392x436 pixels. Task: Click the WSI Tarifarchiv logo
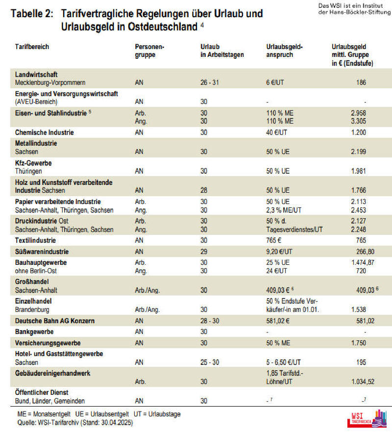(x=367, y=419)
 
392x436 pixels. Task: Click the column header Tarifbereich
(x=32, y=47)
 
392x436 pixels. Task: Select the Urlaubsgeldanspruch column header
(x=284, y=51)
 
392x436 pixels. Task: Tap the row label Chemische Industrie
(x=45, y=132)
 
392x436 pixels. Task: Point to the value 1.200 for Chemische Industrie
(x=358, y=132)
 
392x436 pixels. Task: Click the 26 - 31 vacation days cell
(x=209, y=82)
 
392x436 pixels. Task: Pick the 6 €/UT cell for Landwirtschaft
(x=275, y=82)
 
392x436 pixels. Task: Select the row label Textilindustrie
(x=35, y=240)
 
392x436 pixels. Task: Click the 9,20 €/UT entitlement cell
(x=279, y=252)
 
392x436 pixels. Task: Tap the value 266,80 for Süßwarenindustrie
(x=366, y=252)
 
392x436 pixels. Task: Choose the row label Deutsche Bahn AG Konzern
(x=55, y=321)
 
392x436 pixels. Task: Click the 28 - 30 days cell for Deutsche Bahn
(x=210, y=321)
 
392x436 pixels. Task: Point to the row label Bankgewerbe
(x=34, y=332)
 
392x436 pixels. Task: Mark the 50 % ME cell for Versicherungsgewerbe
(x=278, y=343)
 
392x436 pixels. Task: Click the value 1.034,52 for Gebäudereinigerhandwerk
(x=363, y=382)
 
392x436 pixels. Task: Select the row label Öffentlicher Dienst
(x=42, y=392)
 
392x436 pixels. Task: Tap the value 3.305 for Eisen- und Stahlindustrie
(x=358, y=121)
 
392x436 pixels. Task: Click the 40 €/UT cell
(x=276, y=132)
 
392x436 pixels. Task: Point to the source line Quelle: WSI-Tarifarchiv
(x=75, y=423)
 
